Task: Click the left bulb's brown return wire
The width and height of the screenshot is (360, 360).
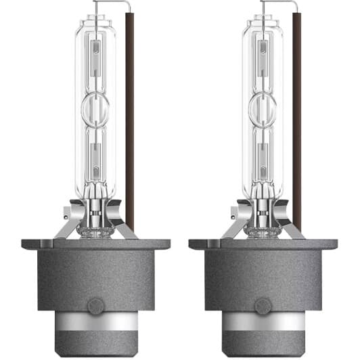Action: (x=129, y=135)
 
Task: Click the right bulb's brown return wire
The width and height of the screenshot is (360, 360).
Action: (x=296, y=135)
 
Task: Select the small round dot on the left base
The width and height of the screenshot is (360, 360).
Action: (x=96, y=305)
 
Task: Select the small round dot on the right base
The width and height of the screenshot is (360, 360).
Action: (x=263, y=305)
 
